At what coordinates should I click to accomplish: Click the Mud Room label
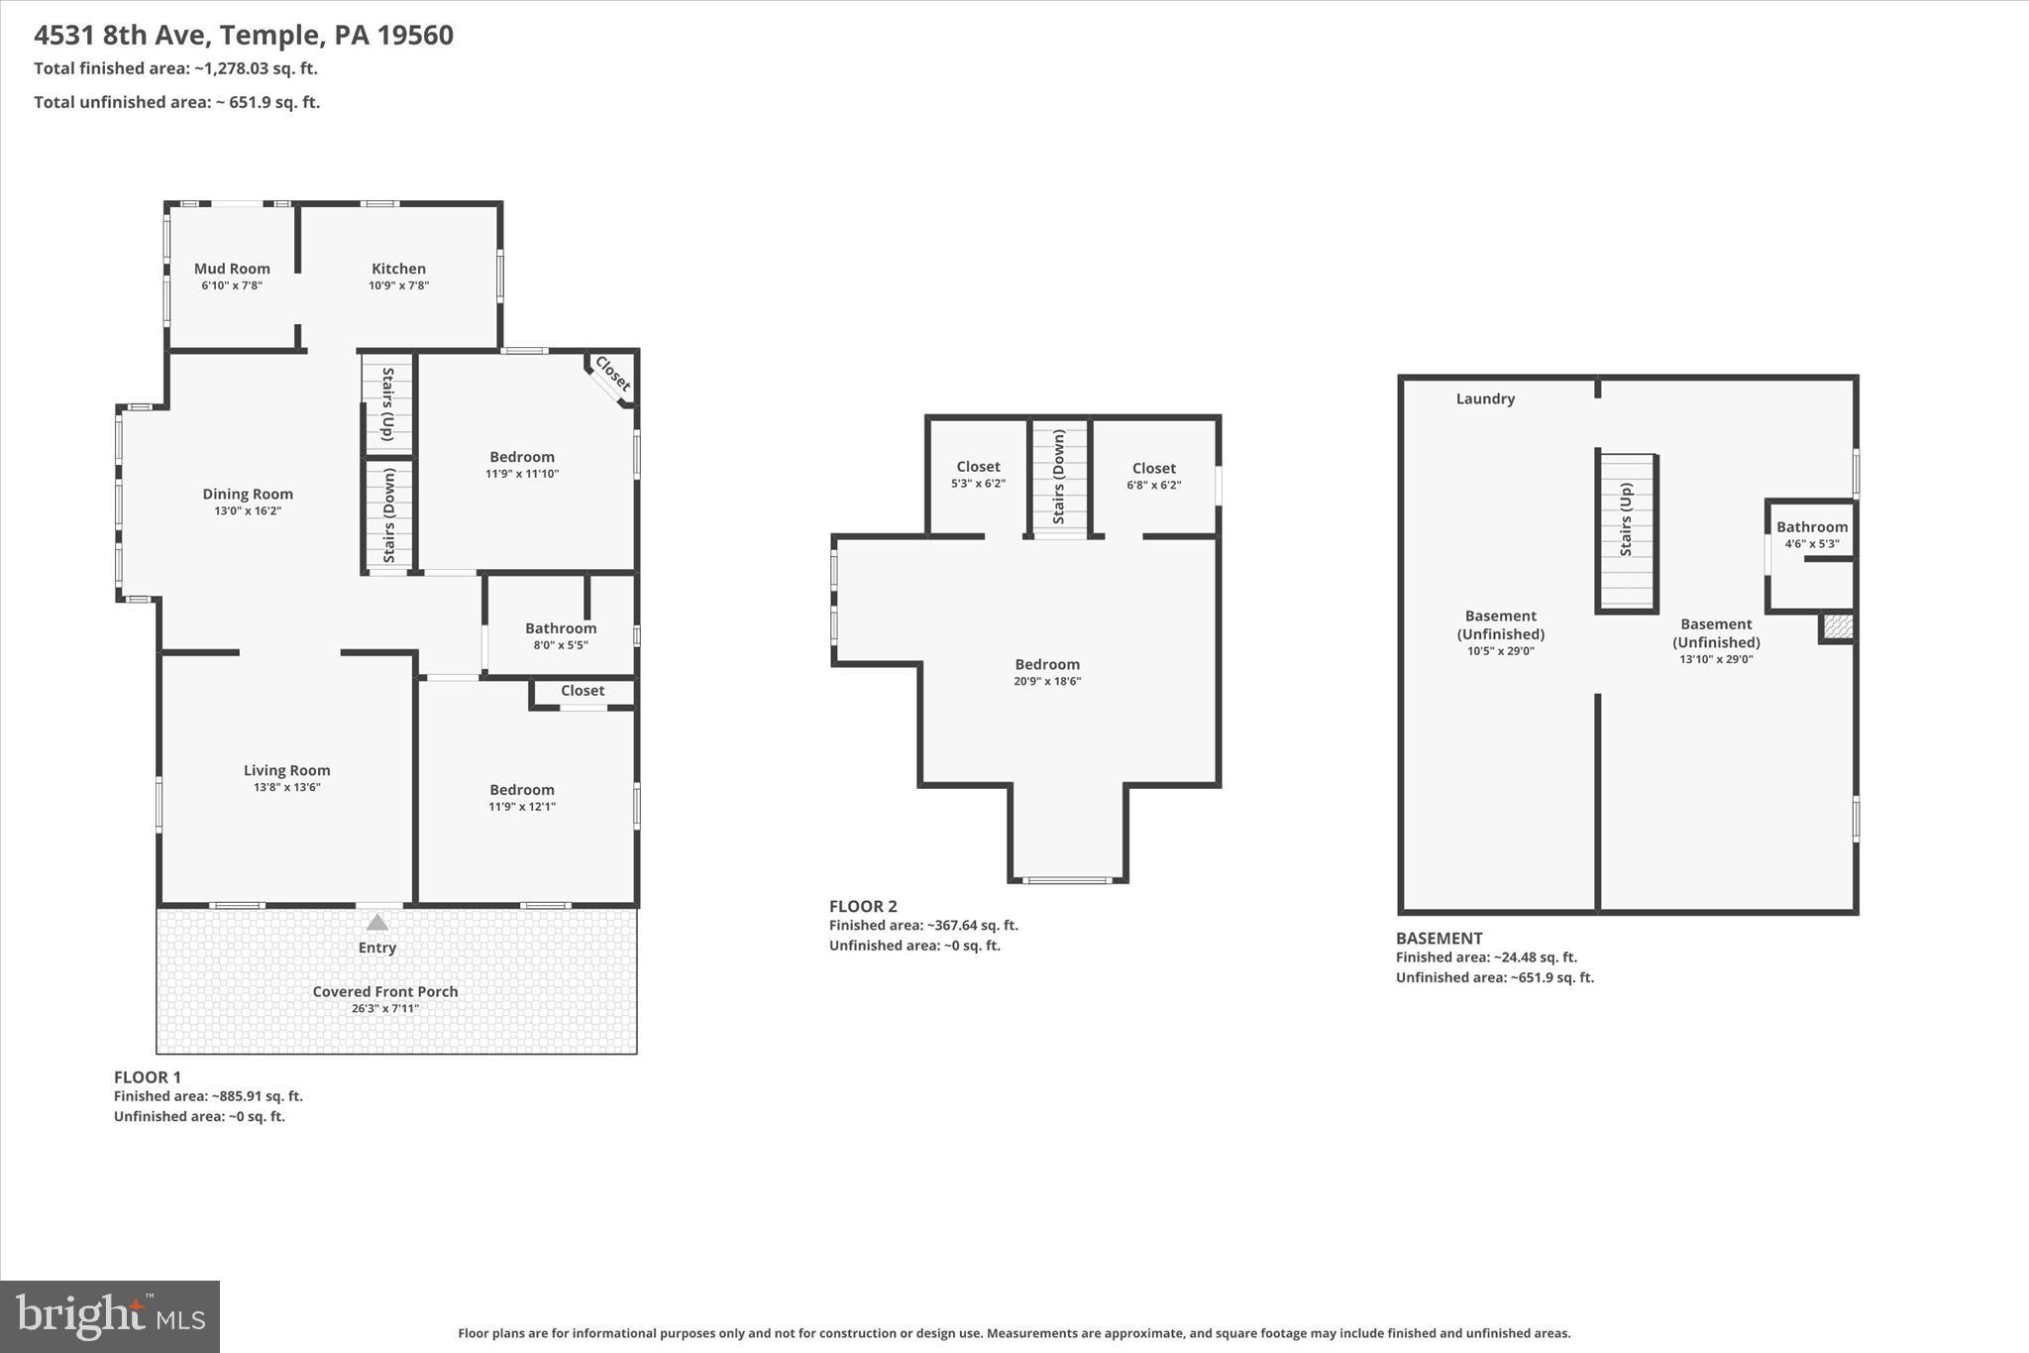(232, 269)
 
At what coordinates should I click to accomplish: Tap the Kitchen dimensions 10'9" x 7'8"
(398, 285)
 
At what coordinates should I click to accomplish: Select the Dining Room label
(248, 494)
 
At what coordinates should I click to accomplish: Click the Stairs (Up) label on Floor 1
(387, 403)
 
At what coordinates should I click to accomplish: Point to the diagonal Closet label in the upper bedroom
(612, 374)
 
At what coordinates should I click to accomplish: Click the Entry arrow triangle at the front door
(377, 923)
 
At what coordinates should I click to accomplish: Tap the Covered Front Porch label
(385, 991)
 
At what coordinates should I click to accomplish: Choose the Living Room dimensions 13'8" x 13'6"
(286, 787)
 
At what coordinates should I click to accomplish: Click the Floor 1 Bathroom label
(561, 628)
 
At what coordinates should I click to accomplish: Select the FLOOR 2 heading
(863, 906)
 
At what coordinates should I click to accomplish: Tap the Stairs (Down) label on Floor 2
(1059, 477)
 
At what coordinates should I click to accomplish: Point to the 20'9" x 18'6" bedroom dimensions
(1047, 682)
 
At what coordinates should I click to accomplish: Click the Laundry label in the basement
(1485, 398)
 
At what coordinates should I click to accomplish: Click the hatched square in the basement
(1838, 626)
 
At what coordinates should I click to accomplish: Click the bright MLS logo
(110, 1316)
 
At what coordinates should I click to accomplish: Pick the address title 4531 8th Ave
(244, 35)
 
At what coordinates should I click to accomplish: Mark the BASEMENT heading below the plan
(1439, 938)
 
